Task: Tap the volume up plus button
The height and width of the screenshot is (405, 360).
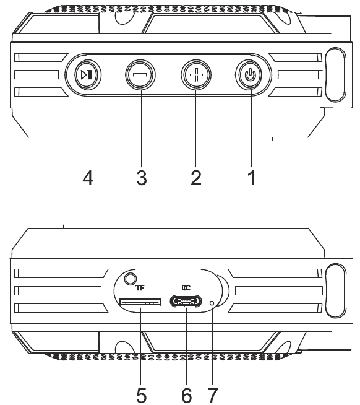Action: click(196, 75)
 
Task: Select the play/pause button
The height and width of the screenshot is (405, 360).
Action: click(88, 75)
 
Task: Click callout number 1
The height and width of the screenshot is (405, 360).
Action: click(252, 178)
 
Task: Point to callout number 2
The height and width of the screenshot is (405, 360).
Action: click(196, 178)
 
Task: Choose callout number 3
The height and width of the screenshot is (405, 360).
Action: click(142, 178)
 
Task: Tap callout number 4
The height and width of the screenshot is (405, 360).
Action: click(88, 178)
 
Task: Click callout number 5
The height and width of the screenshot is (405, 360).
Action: click(142, 395)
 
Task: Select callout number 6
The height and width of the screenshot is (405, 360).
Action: click(187, 395)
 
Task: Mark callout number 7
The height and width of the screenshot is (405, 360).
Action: click(213, 395)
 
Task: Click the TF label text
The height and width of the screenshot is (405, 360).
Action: click(140, 288)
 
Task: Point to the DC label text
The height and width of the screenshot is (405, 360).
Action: click(186, 288)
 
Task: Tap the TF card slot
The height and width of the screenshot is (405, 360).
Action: click(140, 302)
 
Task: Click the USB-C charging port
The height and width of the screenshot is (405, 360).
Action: click(186, 302)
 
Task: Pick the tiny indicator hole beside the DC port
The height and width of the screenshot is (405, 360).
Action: click(212, 303)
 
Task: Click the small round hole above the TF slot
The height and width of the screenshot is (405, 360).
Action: click(131, 279)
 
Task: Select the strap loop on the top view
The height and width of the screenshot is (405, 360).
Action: click(335, 74)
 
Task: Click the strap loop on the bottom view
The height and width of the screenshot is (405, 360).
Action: click(335, 290)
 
